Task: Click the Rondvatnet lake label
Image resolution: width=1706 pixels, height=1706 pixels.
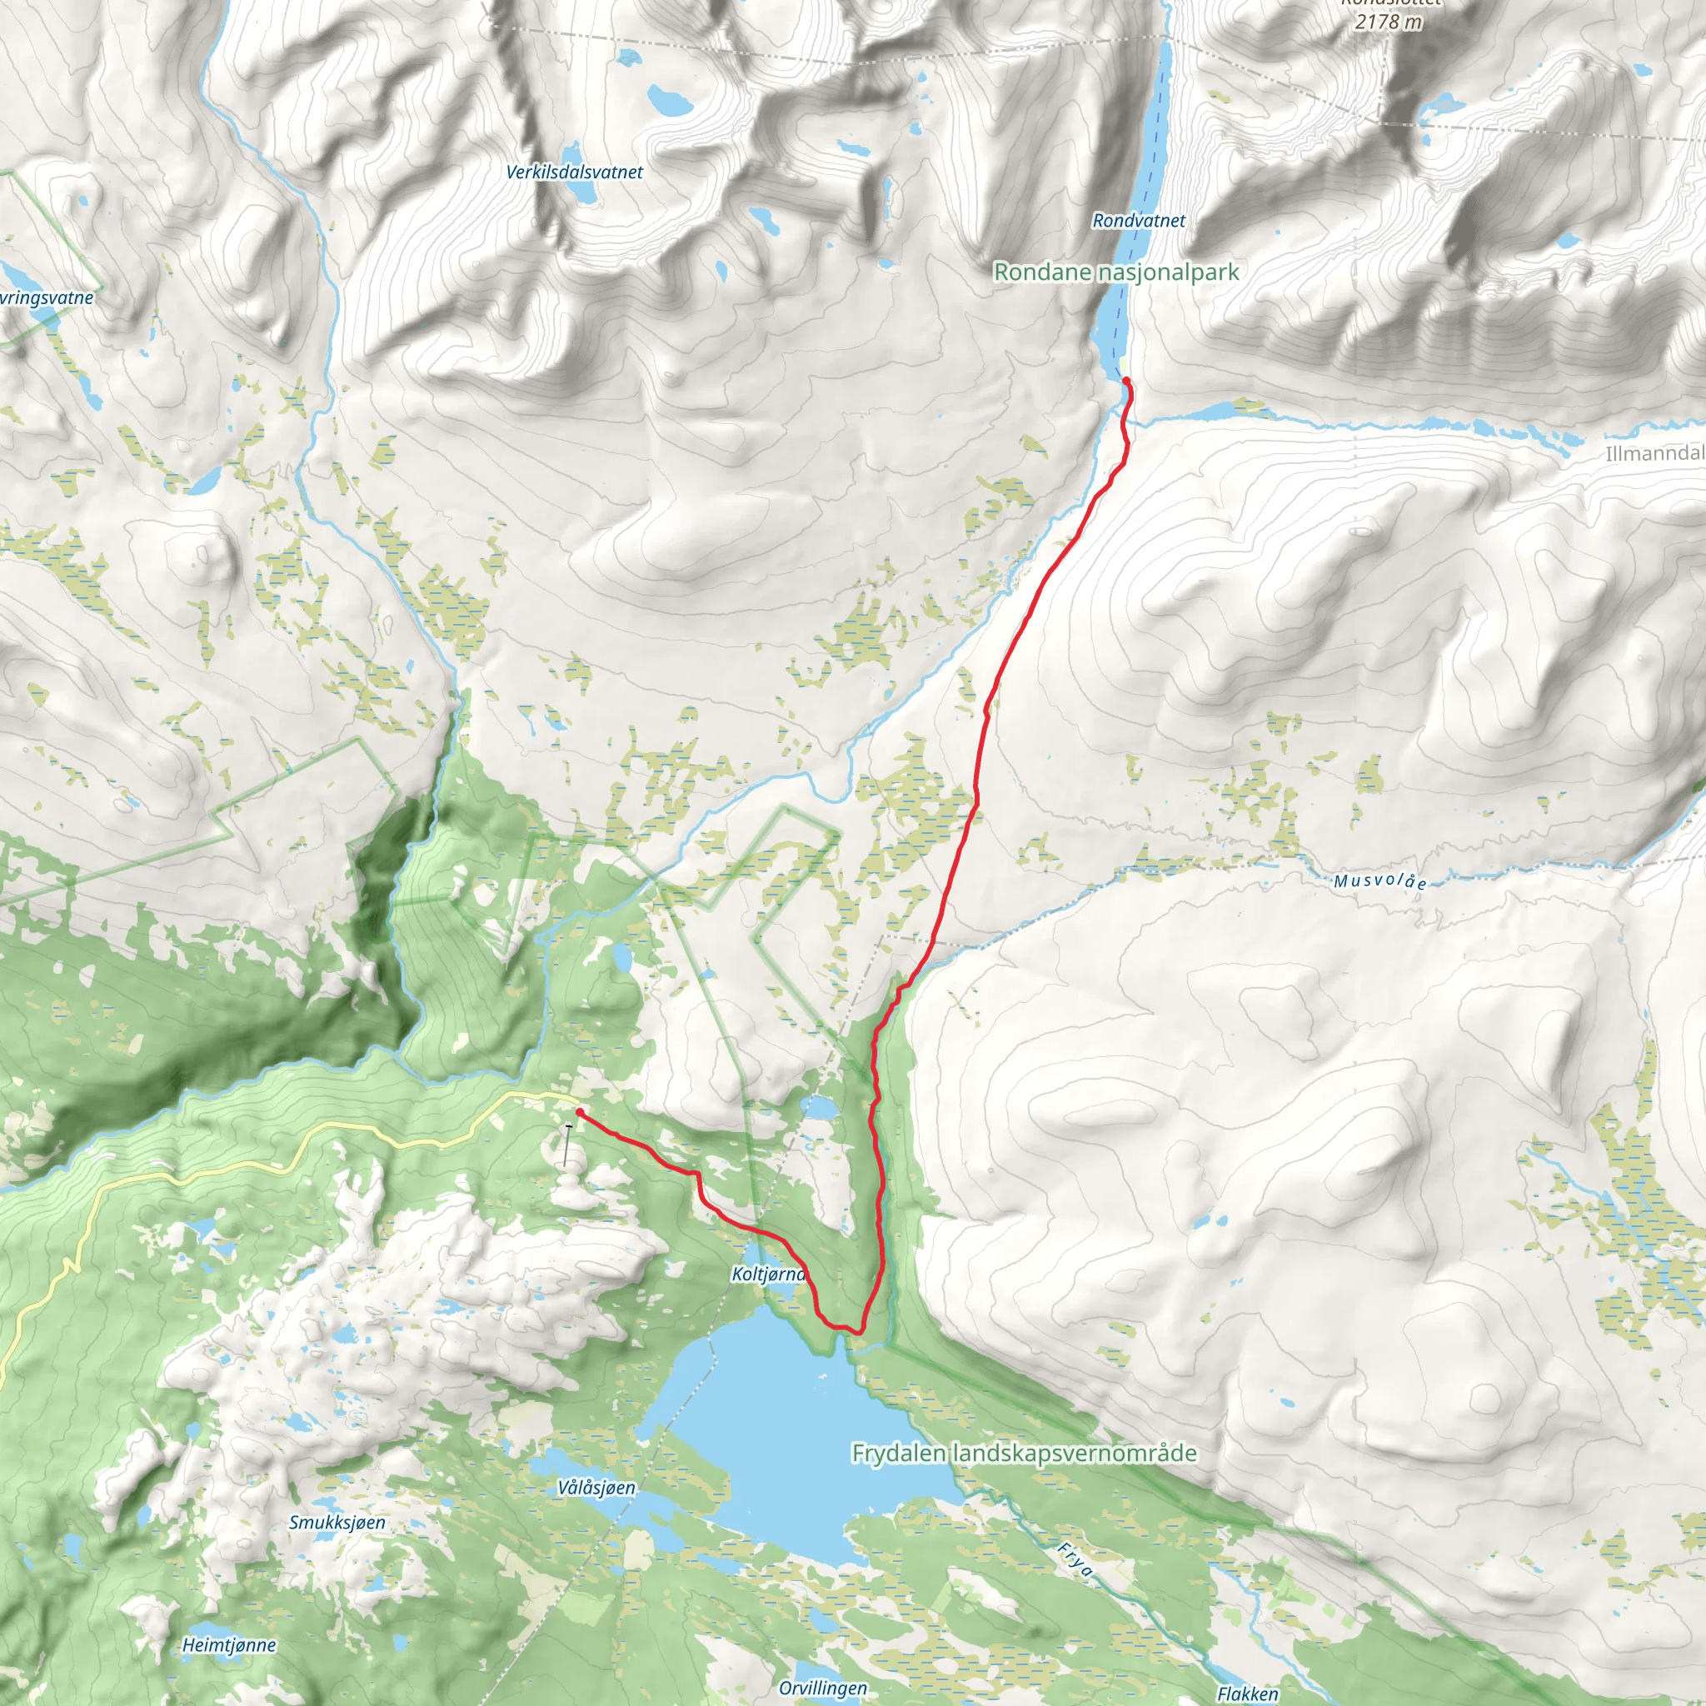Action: point(1138,221)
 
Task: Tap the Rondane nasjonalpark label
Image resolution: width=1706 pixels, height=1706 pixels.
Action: point(1116,272)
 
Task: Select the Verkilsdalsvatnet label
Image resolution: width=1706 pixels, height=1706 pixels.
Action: point(574,172)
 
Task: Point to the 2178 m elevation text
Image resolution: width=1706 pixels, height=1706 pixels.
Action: point(1388,22)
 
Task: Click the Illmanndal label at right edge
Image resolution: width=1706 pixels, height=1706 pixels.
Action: point(1653,454)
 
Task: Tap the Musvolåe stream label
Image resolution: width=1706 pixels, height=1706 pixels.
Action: point(1379,881)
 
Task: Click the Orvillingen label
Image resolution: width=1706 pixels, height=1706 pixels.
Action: point(823,1689)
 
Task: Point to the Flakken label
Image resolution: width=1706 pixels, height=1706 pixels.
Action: point(1247,1694)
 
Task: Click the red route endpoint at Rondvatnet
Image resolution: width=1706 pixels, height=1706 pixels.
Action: point(1127,382)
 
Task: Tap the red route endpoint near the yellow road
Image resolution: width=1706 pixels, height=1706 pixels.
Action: point(578,1112)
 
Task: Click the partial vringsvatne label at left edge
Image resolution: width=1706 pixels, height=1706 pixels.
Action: point(46,297)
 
